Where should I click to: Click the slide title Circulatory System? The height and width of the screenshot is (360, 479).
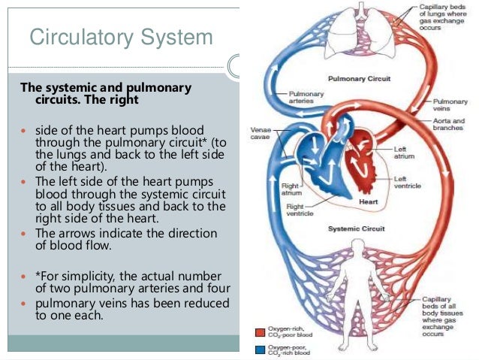point(121,37)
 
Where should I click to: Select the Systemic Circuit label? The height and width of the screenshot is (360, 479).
point(356,227)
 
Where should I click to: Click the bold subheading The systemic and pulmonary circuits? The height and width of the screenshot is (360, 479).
point(106,93)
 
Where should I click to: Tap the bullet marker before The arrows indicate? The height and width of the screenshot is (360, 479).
point(24,234)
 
